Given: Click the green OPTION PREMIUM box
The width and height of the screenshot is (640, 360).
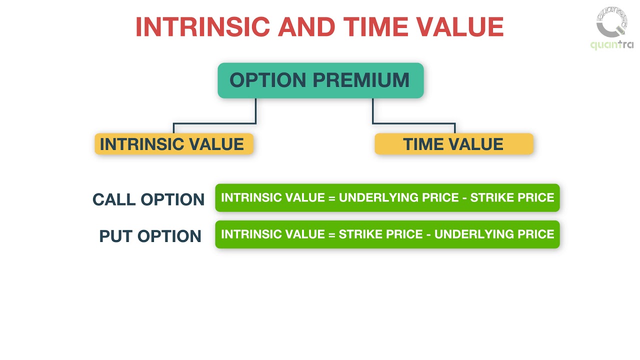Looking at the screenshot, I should (320, 80).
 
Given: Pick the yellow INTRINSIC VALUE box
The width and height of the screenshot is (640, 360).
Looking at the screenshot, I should (173, 144).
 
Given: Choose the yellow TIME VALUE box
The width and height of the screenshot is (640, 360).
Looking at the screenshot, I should (453, 144).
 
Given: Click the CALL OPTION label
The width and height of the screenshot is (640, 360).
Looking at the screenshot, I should (148, 199).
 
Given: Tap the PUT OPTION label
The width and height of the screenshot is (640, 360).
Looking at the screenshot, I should (150, 236).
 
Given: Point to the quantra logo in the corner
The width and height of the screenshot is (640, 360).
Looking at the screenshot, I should (612, 28).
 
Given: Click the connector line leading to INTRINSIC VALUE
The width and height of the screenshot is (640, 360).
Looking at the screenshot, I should (215, 123).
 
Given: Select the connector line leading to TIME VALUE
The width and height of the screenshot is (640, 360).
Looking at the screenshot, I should (413, 123).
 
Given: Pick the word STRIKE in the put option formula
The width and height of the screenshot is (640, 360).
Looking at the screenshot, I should (359, 234).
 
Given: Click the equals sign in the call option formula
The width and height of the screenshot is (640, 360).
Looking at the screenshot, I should (332, 197).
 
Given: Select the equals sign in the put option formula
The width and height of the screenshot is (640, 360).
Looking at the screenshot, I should (332, 234).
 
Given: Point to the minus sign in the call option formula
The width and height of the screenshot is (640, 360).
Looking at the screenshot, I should (464, 197).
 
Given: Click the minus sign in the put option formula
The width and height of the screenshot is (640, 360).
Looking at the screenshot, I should (428, 234).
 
